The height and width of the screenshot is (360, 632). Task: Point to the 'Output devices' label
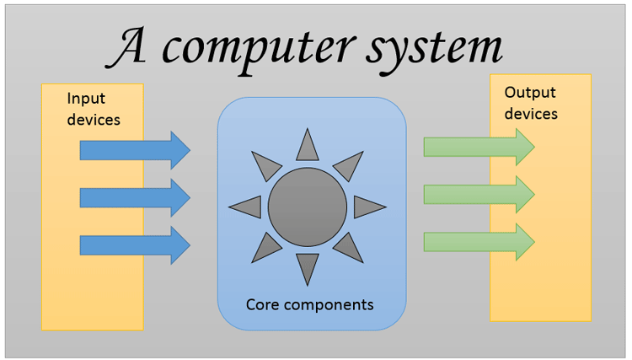click(x=531, y=103)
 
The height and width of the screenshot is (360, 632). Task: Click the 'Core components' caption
click(x=309, y=303)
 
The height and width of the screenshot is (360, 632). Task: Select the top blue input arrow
click(x=135, y=150)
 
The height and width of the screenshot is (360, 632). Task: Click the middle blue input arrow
click(x=135, y=197)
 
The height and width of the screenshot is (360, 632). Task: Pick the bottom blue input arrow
click(x=135, y=244)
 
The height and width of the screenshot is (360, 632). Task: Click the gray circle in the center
click(x=308, y=207)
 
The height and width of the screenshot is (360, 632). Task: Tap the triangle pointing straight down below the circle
click(x=308, y=266)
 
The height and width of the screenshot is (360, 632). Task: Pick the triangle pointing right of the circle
click(x=367, y=207)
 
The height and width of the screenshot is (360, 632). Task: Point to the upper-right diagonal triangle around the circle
click(x=349, y=165)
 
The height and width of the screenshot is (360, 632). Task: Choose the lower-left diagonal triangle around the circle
click(x=266, y=248)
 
